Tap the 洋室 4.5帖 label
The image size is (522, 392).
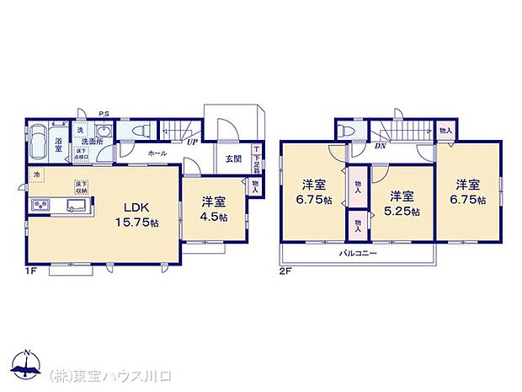[214, 207]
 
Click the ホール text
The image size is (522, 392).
[157, 154]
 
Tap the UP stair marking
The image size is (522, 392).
[194, 143]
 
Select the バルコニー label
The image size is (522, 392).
[359, 253]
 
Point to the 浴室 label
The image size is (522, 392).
[60, 145]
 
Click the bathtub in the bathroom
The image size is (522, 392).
[39, 145]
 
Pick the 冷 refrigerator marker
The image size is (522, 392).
[36, 175]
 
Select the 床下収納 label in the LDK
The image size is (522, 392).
[82, 186]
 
